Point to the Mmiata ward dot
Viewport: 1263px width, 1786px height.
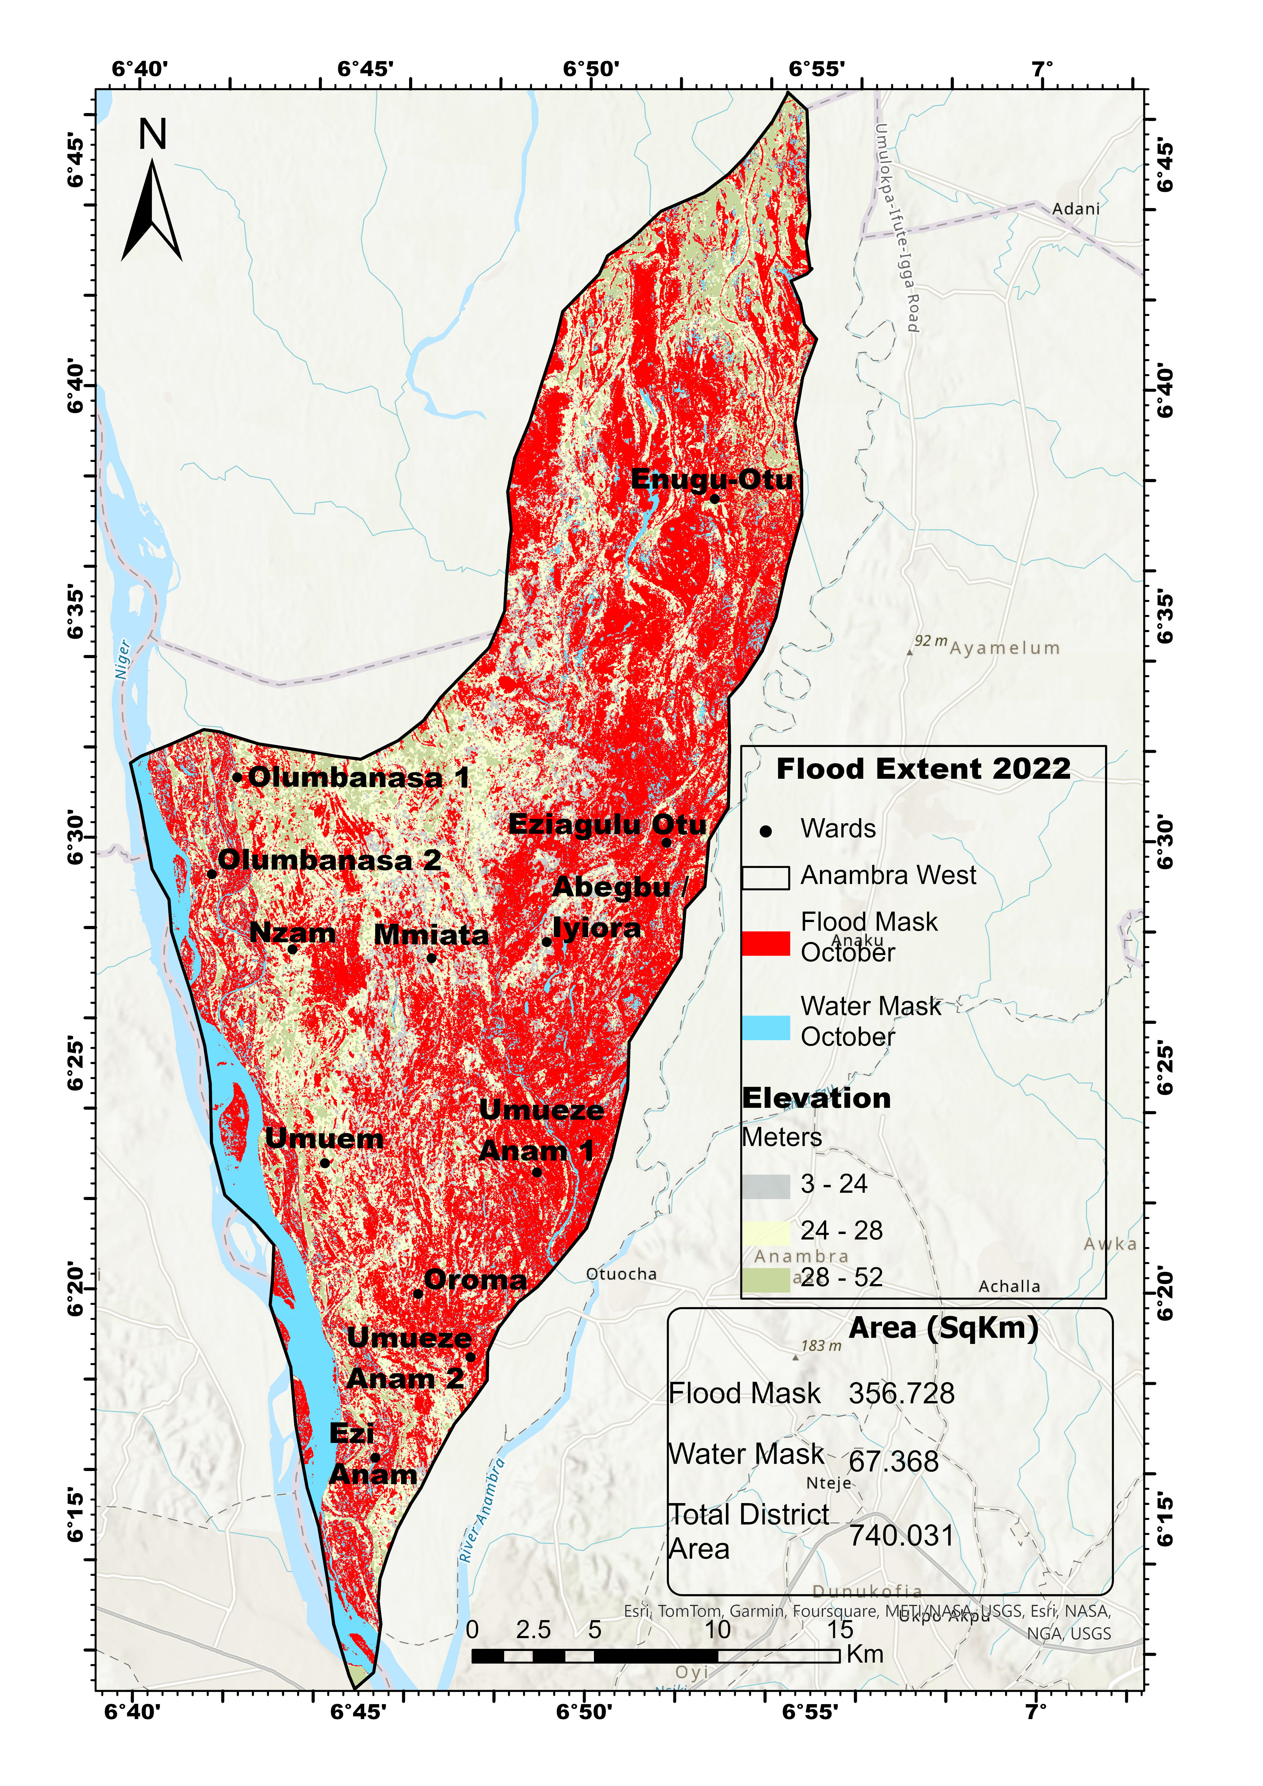(432, 957)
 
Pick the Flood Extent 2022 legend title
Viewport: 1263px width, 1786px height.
(923, 769)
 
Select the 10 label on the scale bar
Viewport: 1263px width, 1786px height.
(717, 1630)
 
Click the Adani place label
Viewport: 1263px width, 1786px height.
(1076, 208)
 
